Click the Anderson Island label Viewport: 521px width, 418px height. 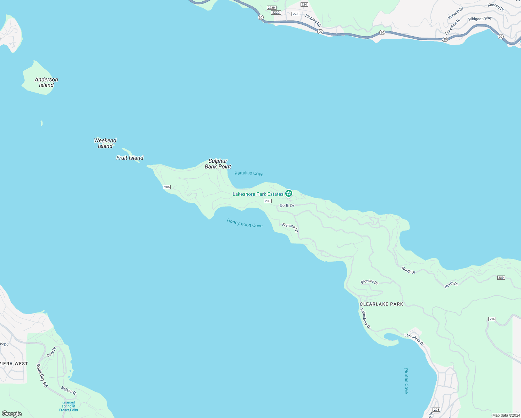[x=46, y=82]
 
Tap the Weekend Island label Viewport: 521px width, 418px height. [x=105, y=143]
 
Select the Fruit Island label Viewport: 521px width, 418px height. [x=130, y=158]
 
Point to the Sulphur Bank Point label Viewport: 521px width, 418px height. [x=218, y=164]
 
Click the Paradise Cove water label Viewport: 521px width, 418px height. [x=249, y=173]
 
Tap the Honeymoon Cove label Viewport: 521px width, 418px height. [x=244, y=223]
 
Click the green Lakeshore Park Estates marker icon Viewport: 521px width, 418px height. [x=288, y=193]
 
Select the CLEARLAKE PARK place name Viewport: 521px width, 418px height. [x=381, y=304]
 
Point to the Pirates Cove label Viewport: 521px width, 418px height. [x=406, y=381]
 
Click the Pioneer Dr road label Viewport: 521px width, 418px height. [x=370, y=282]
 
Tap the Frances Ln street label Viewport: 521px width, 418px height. [x=290, y=227]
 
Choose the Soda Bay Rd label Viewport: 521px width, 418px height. [x=42, y=375]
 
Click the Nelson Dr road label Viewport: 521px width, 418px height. [x=68, y=390]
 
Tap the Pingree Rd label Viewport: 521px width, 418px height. [x=313, y=21]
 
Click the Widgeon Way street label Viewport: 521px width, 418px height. [x=480, y=19]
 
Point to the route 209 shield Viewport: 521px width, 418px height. [x=501, y=278]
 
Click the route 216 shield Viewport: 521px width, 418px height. [x=492, y=319]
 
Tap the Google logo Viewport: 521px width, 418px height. [x=12, y=414]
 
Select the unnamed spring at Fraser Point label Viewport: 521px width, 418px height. [x=69, y=406]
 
